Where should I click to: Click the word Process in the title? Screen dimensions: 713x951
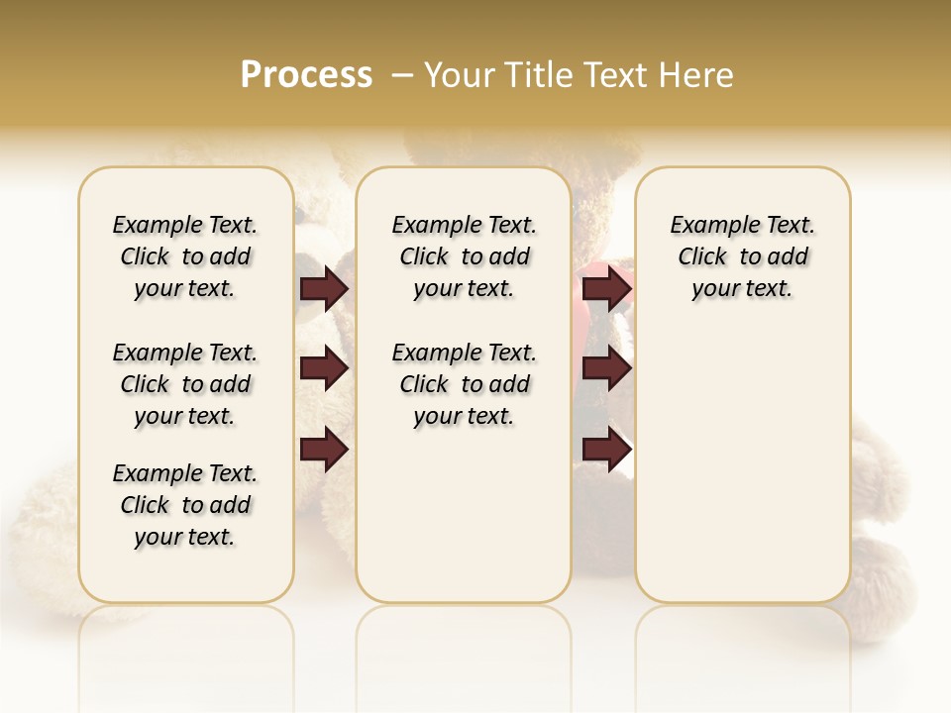coord(306,74)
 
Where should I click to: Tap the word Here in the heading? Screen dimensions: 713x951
coord(697,75)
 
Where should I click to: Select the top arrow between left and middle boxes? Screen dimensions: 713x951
coord(324,288)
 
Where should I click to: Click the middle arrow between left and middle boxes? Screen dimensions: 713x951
coord(324,368)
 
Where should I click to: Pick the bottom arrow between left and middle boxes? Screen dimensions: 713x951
coord(324,449)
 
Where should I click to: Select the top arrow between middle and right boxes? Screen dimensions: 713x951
coord(606,288)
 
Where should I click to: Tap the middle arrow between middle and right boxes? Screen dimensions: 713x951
coord(606,368)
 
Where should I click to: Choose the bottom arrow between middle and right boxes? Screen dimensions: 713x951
coord(606,449)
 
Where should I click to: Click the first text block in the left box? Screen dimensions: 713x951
coord(185,256)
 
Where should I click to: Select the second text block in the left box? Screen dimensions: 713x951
coord(185,384)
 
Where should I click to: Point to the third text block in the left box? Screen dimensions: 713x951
coord(185,505)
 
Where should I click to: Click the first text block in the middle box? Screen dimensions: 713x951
coord(465,256)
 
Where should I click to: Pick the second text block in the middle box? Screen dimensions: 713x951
coord(465,384)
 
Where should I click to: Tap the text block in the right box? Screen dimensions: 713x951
coord(743,256)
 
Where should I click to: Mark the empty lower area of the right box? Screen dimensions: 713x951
coord(743,465)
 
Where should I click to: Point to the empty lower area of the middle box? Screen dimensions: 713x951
coord(464,515)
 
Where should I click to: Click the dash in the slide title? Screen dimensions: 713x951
coord(401,74)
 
